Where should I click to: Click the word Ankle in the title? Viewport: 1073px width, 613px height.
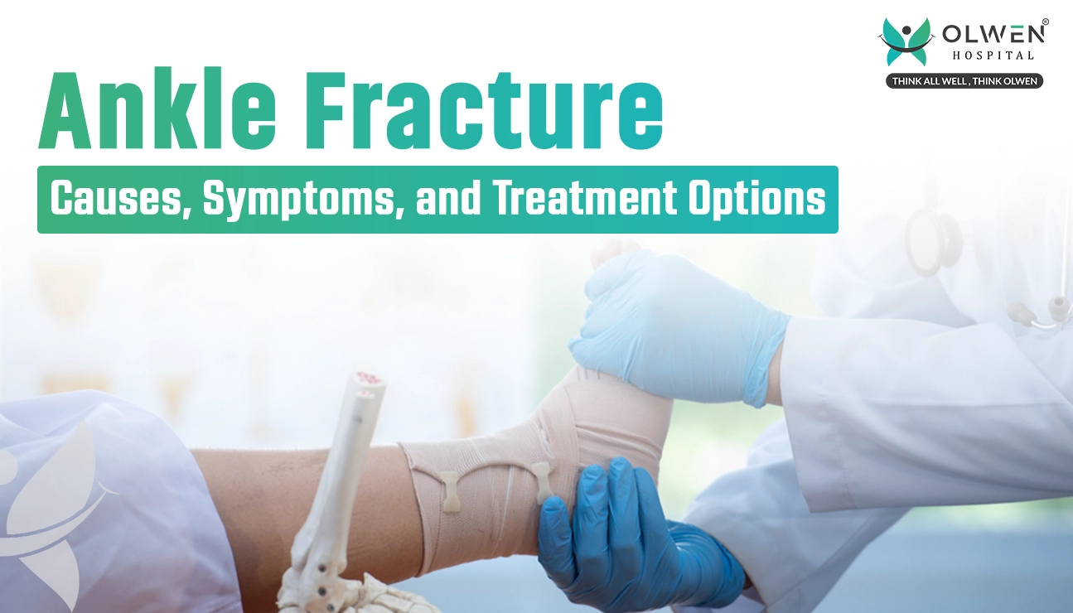(x=157, y=111)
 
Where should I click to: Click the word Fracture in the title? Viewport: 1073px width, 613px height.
(x=488, y=111)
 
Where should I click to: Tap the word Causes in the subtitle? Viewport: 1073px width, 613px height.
(x=118, y=198)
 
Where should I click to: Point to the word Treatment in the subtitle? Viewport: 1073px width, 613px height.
(x=585, y=198)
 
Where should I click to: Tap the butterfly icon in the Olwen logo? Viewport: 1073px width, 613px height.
(x=906, y=41)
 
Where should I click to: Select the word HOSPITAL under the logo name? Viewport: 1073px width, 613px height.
(x=993, y=56)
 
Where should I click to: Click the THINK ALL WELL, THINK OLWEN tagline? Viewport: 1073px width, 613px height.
(x=964, y=81)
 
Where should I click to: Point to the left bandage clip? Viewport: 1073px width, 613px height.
(x=450, y=491)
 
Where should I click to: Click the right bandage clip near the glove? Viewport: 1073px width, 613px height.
(x=542, y=483)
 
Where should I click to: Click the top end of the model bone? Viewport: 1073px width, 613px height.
(x=369, y=381)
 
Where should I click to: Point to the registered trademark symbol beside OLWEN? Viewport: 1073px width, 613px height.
(x=1045, y=22)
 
